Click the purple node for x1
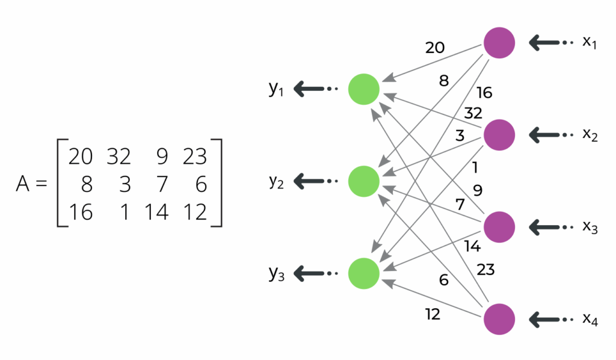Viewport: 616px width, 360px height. pos(499,43)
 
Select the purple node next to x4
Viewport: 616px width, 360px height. pos(499,318)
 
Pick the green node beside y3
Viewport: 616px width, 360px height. pos(364,273)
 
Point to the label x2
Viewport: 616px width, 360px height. pos(590,135)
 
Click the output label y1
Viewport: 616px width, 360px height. pos(276,90)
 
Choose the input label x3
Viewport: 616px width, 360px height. pos(590,228)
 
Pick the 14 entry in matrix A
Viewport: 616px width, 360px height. pos(156,212)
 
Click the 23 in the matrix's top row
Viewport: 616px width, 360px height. pos(194,157)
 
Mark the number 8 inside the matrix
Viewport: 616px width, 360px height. pos(86,184)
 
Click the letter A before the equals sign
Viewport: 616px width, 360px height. pos(23,184)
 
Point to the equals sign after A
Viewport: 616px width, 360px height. pos(42,184)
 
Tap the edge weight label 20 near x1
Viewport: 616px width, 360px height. pos(435,48)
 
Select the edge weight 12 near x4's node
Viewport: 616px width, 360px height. pos(432,314)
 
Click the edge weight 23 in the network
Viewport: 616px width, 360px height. pos(485,270)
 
